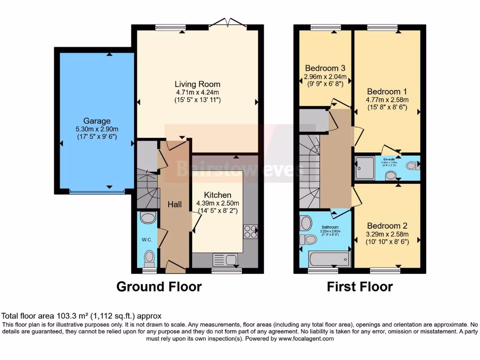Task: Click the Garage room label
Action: (x=97, y=120)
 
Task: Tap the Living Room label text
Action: (x=197, y=84)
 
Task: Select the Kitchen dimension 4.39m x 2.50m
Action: (x=217, y=203)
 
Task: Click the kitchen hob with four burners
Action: (x=250, y=232)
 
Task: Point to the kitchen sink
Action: (x=225, y=259)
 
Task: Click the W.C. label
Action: (x=147, y=240)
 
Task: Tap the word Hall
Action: (x=174, y=204)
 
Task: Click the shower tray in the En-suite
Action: (x=364, y=168)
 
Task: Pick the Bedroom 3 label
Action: (x=325, y=68)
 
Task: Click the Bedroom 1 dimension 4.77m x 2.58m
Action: (x=387, y=100)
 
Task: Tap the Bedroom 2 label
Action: (x=387, y=226)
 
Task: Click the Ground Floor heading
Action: (x=159, y=286)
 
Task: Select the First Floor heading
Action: (x=360, y=286)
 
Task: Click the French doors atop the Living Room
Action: (x=227, y=23)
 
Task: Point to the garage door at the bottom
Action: (x=97, y=191)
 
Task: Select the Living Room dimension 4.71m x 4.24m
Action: (x=197, y=92)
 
